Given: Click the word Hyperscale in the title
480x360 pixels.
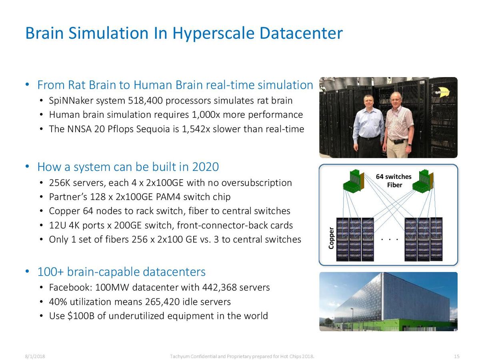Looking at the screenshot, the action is pyautogui.click(x=214, y=34).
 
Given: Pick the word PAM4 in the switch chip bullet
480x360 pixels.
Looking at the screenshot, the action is pyautogui.click(x=168, y=197).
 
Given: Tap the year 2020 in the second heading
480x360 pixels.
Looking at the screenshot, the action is pyautogui.click(x=206, y=167).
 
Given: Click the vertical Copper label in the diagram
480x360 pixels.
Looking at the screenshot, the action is pyautogui.click(x=331, y=238).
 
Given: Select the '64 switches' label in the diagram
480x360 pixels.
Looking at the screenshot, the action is pyautogui.click(x=394, y=177).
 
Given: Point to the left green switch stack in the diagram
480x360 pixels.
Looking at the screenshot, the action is pyautogui.click(x=354, y=181).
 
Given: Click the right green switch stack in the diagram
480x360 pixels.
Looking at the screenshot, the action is pyautogui.click(x=423, y=181).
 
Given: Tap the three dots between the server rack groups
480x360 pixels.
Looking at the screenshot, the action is pyautogui.click(x=390, y=240).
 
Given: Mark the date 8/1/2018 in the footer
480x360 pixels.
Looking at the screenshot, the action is pyautogui.click(x=35, y=356).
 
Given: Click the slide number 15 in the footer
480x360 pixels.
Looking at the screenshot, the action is pyautogui.click(x=457, y=356).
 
